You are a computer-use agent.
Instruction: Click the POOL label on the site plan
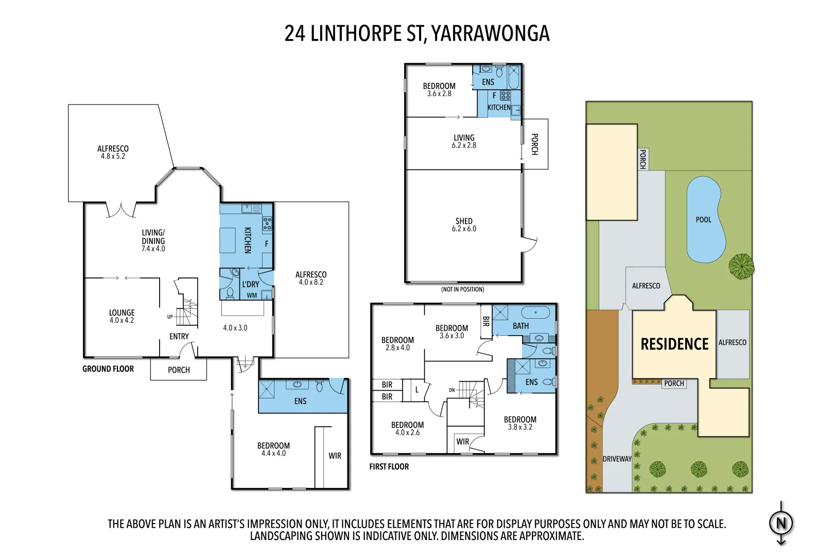pyautogui.click(x=703, y=220)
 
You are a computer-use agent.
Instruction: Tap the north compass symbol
pyautogui.click(x=781, y=524)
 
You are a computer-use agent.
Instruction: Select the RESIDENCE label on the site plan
pyautogui.click(x=674, y=344)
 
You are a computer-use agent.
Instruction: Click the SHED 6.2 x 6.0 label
pyautogui.click(x=464, y=225)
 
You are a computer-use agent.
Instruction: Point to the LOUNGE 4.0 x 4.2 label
pyautogui.click(x=121, y=316)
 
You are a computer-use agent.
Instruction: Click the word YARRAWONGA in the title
pyautogui.click(x=490, y=34)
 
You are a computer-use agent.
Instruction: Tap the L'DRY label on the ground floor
pyautogui.click(x=251, y=284)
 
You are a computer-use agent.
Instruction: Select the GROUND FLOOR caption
pyautogui.click(x=108, y=369)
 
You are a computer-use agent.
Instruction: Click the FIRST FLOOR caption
pyautogui.click(x=389, y=467)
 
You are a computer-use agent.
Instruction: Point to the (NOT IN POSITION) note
pyautogui.click(x=462, y=289)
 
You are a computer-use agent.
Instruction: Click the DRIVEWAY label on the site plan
pyautogui.click(x=617, y=459)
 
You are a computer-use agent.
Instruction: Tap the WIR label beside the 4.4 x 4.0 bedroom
pyautogui.click(x=335, y=456)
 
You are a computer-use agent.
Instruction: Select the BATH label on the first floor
pyautogui.click(x=520, y=326)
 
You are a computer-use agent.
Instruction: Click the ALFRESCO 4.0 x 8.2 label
pyautogui.click(x=311, y=278)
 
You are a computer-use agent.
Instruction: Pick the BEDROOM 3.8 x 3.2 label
pyautogui.click(x=520, y=423)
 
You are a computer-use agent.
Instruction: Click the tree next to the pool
pyautogui.click(x=741, y=267)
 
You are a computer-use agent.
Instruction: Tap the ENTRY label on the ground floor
pyautogui.click(x=179, y=337)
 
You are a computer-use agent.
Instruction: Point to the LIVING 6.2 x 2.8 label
pyautogui.click(x=464, y=141)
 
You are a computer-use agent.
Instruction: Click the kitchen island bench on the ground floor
pyautogui.click(x=228, y=240)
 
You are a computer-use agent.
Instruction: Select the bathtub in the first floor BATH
pyautogui.click(x=537, y=312)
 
